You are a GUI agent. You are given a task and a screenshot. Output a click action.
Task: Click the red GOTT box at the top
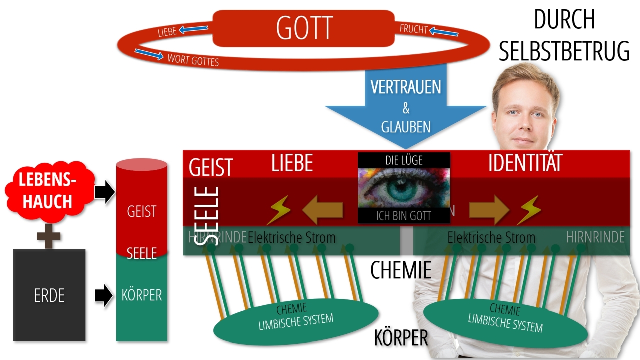tap(304, 28)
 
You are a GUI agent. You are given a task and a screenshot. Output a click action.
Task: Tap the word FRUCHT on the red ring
tap(414, 29)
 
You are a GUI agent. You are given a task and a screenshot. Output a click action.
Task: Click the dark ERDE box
tap(49, 295)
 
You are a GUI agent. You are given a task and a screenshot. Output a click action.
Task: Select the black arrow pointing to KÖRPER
tap(104, 295)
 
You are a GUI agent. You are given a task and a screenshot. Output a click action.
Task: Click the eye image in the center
tap(404, 189)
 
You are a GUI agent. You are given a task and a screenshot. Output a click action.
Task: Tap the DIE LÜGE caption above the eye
tap(404, 160)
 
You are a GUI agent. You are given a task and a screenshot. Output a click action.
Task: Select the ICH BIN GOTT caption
tap(404, 216)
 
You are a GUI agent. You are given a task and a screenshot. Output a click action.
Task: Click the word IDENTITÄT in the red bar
tap(525, 164)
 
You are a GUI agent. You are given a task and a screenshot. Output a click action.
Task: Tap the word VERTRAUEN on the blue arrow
tap(406, 87)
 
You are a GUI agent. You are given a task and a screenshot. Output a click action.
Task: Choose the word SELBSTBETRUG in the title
tap(564, 52)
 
